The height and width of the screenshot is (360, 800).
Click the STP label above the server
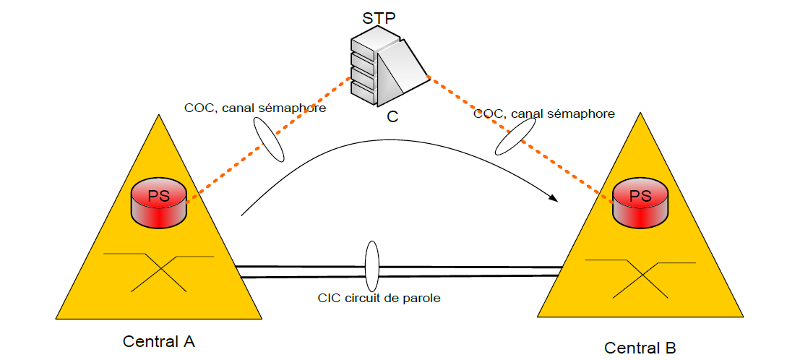[x=379, y=17]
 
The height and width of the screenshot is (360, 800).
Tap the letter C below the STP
[x=392, y=116]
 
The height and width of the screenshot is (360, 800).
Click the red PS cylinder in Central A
[x=159, y=203]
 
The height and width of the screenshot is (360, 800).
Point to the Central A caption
[x=159, y=340]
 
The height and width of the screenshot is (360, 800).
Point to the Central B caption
[x=640, y=348]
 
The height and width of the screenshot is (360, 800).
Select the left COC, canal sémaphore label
[x=255, y=108]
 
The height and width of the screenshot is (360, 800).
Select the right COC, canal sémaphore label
[x=544, y=113]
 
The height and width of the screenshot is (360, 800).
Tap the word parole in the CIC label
[x=422, y=298]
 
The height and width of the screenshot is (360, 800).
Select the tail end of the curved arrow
[x=241, y=215]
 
